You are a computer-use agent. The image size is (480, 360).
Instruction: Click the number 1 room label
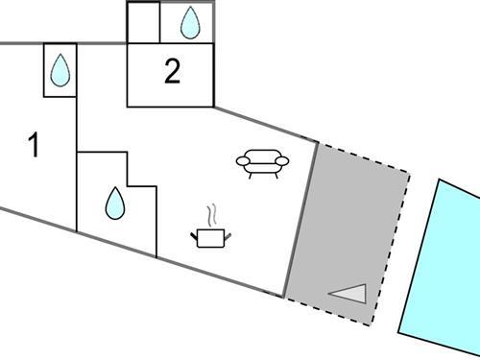[35, 147]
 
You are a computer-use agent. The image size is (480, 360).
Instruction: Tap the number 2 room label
[172, 73]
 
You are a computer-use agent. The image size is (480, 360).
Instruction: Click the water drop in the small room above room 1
[60, 69]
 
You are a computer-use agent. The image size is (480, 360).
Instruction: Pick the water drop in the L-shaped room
[115, 202]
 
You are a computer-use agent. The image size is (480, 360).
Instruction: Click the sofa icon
[259, 163]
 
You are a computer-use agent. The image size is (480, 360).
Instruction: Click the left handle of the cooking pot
[195, 231]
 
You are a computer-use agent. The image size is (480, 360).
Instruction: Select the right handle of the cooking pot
[228, 231]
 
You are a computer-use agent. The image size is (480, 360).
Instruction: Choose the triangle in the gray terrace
[350, 293]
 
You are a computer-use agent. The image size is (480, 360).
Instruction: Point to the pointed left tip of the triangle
[329, 295]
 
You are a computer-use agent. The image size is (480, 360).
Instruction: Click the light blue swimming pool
[442, 269]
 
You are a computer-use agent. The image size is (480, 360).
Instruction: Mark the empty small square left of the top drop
[143, 22]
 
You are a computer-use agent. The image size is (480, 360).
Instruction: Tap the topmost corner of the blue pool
[440, 180]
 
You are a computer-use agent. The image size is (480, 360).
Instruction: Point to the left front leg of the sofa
[249, 175]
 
